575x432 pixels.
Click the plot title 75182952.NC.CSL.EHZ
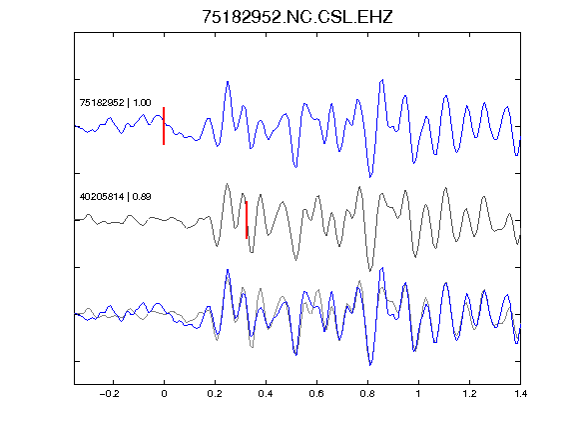pos(297,17)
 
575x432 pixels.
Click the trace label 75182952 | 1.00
pos(115,102)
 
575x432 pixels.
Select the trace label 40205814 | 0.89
pos(115,197)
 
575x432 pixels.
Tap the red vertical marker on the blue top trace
pos(164,126)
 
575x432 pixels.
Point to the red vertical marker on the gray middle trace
pos(247,220)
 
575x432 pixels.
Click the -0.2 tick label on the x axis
pos(109,394)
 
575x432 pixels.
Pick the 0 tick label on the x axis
pos(164,394)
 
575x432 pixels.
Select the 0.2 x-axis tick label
pos(215,394)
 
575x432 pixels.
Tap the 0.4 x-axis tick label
pos(266,394)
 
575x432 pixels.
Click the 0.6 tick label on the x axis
pos(316,394)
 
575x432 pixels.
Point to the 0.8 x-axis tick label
pos(367,394)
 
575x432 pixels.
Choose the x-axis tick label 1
pos(418,394)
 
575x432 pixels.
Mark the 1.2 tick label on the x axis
pos(469,394)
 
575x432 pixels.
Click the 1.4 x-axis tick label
pos(520,394)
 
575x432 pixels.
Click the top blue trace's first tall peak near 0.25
pos(228,82)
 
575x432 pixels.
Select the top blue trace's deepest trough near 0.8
pos(370,177)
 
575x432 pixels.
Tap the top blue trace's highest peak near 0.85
pos(383,79)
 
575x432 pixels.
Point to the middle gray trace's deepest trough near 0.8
pos(370,271)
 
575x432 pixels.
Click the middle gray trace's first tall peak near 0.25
pos(228,183)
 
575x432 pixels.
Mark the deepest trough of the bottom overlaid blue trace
pos(370,365)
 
